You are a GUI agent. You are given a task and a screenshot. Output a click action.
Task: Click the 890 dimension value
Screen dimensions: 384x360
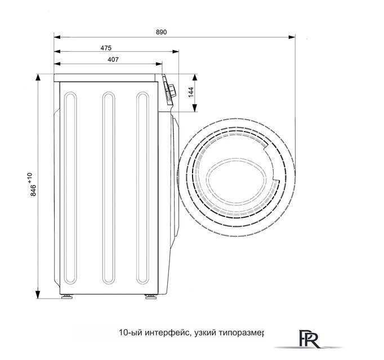click(x=161, y=32)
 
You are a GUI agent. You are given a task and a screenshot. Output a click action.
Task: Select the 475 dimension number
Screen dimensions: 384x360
click(x=106, y=48)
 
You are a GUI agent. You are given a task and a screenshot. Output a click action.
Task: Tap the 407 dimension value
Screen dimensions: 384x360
click(x=113, y=60)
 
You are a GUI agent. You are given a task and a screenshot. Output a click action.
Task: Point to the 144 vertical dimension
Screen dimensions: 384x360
click(x=191, y=92)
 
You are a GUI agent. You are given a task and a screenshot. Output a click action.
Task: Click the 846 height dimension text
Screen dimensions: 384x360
click(x=33, y=190)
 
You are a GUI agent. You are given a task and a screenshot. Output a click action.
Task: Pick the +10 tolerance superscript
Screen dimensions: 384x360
click(x=30, y=178)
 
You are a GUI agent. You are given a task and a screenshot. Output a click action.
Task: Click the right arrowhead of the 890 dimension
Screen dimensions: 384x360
click(x=292, y=37)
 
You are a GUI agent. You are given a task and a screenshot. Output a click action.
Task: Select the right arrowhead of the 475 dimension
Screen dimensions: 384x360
click(x=175, y=52)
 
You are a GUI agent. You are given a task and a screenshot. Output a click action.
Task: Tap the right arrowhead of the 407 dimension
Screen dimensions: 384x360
click(x=159, y=64)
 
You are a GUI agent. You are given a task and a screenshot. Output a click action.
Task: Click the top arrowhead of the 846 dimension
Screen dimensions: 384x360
click(x=38, y=78)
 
